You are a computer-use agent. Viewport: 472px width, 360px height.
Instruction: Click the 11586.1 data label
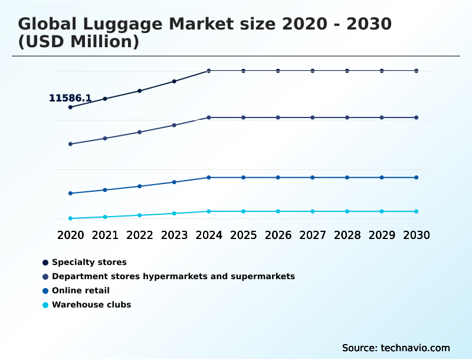click(70, 98)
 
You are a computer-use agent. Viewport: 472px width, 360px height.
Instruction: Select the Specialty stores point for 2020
click(70, 107)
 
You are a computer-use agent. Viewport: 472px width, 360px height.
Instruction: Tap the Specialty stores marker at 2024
click(209, 71)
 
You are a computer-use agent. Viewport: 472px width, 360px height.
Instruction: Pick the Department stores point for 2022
click(140, 132)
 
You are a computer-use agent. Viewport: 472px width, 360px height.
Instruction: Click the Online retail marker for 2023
click(174, 182)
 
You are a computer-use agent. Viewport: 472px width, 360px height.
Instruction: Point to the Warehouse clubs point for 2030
click(416, 211)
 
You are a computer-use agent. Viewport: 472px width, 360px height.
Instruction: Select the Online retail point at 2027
click(313, 178)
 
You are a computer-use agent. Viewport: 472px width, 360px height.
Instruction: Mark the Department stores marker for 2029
click(382, 117)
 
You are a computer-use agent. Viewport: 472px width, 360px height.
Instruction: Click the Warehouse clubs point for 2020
click(70, 218)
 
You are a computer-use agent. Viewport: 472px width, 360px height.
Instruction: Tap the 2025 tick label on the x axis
click(243, 235)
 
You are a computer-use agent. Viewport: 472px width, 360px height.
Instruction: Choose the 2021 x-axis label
click(105, 235)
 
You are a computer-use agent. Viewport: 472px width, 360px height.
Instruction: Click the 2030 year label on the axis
click(416, 235)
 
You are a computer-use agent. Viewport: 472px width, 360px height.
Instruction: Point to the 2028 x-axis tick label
click(347, 235)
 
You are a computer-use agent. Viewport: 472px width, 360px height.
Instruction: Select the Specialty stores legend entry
click(89, 262)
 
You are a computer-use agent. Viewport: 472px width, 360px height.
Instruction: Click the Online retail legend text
click(81, 290)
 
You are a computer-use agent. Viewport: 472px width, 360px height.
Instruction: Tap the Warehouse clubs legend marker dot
click(45, 305)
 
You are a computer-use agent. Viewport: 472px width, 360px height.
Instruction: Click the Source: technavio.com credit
click(396, 348)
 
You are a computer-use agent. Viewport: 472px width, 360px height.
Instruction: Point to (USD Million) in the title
click(78, 42)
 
